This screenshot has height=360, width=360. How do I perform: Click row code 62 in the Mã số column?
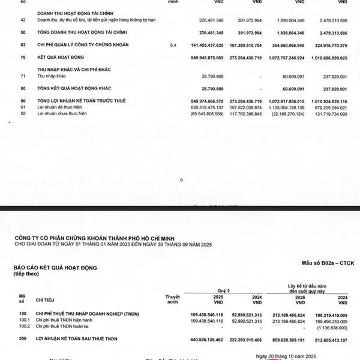[22, 45]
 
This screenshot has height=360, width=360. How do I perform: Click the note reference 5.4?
[174, 45]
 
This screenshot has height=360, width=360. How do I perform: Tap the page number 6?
[180, 179]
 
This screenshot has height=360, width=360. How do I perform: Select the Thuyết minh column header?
[172, 299]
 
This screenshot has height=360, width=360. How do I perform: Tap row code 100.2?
[24, 328]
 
